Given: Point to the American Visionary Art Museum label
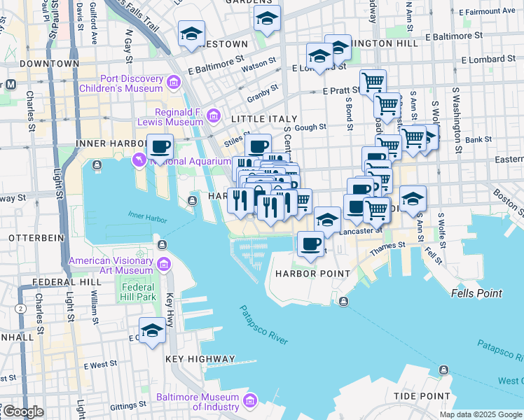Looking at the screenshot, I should (111, 265).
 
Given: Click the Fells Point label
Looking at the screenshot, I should (476, 293).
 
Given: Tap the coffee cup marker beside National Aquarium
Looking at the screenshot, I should (160, 147).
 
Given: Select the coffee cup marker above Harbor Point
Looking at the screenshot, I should (310, 244).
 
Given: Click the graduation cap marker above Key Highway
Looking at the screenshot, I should (151, 330).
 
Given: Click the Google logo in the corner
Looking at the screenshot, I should (22, 412).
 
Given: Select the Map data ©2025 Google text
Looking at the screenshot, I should (479, 414).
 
